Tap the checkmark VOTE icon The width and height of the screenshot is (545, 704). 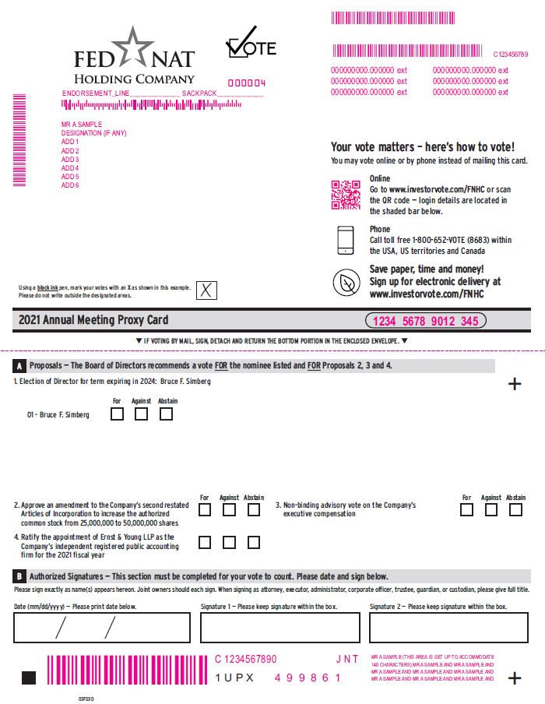[250, 44]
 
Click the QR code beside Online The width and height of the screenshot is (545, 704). [346, 195]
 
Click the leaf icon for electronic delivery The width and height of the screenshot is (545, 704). [346, 283]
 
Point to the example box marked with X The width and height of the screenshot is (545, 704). [206, 290]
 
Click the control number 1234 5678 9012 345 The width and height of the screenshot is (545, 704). [425, 321]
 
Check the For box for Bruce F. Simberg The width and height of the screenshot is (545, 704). [117, 414]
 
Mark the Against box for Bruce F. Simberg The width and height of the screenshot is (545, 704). [141, 414]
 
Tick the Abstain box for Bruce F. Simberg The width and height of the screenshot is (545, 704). [166, 414]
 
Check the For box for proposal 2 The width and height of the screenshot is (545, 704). [205, 510]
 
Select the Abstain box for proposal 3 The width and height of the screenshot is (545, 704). [515, 510]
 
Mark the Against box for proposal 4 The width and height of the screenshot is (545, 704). [229, 542]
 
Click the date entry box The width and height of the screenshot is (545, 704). [101, 627]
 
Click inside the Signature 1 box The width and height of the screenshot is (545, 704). [280, 627]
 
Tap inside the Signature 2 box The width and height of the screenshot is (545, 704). [448, 627]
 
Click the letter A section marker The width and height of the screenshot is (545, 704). [19, 366]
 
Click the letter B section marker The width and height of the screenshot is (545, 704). [19, 576]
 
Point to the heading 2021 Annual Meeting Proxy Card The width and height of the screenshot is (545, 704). [93, 320]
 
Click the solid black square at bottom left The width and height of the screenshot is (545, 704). [29, 678]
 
